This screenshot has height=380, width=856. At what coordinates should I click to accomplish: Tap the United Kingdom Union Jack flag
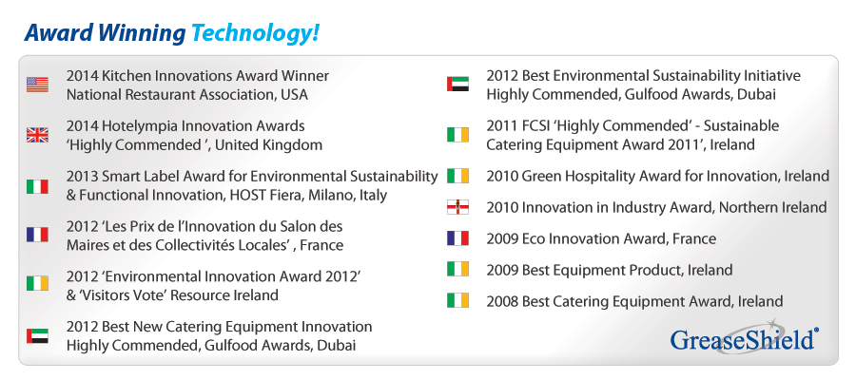coord(37,136)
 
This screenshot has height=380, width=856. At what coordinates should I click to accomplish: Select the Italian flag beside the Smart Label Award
coord(37,186)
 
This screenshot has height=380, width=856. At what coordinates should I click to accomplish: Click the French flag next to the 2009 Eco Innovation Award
coord(457,238)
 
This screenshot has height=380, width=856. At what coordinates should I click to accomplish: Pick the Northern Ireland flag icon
coord(457,207)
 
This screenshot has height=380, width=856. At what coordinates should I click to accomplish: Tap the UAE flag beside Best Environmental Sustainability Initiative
coord(457,85)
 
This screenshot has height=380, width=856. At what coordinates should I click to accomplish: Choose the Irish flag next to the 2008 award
coord(457,301)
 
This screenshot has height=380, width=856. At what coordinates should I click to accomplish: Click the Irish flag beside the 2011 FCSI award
coord(457,135)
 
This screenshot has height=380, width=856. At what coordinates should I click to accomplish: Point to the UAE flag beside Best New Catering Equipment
coord(37,335)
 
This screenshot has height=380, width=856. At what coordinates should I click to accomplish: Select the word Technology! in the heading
coord(255,33)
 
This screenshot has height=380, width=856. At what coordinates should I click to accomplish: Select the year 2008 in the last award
coord(502,301)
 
